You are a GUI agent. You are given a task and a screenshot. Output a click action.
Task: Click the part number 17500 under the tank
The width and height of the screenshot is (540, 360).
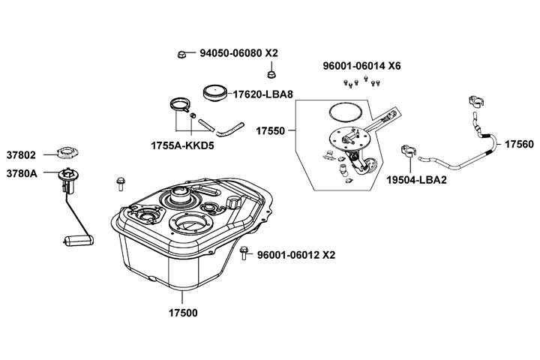pos(183,313)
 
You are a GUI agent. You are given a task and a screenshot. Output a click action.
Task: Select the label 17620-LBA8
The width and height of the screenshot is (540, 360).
pos(262,94)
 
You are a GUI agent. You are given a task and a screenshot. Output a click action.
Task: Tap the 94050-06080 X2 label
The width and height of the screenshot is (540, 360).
pos(238,53)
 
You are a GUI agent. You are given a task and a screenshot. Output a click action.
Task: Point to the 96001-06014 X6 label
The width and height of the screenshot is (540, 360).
pos(361,66)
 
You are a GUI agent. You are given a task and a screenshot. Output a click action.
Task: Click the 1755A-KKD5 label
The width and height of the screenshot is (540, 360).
pos(182,145)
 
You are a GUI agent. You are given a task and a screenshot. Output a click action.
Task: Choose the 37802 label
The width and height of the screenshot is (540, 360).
pos(21,155)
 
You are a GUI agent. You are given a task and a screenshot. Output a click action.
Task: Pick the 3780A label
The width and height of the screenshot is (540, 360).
pos(22,174)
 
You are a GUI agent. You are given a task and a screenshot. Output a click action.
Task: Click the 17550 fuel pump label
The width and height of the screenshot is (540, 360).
pos(270,131)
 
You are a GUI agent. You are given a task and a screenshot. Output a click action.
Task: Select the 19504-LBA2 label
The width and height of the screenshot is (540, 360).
pos(416,180)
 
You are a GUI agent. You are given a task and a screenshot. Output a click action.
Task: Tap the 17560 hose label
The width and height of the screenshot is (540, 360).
pos(519,144)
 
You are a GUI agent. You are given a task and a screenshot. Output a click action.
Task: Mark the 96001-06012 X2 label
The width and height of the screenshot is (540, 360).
pos(296,255)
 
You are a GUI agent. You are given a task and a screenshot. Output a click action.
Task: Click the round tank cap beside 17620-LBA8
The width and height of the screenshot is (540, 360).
pos(216,93)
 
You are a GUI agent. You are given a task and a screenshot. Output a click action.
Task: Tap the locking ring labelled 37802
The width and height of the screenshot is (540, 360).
pos(67,152)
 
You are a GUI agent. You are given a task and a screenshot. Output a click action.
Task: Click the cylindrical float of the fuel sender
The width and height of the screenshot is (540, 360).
pos(79,241)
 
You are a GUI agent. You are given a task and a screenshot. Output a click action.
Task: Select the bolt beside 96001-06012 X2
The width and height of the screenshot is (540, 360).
pos(244,253)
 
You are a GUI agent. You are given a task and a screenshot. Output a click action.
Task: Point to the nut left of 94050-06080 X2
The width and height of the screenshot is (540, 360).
pos(181,55)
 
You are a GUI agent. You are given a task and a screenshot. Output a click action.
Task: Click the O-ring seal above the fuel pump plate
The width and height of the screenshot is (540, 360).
pos(346,112)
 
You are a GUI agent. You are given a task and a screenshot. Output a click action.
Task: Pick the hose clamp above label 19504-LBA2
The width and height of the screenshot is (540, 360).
pos(409,151)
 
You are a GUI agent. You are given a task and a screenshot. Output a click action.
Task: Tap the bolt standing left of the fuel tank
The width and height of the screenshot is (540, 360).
pos(121,184)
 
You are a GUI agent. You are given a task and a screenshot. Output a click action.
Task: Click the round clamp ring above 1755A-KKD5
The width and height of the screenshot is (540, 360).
pos(180,104)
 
